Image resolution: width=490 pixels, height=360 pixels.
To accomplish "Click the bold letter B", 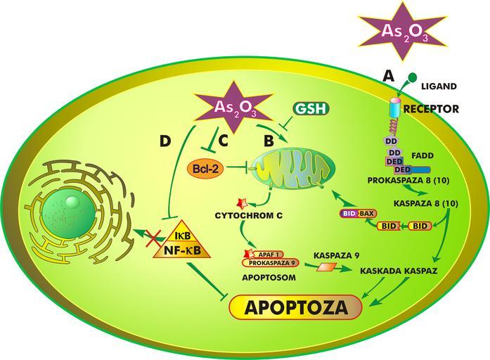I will (x=269, y=141).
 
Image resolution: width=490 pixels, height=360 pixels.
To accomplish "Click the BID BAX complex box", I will (x=359, y=212).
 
